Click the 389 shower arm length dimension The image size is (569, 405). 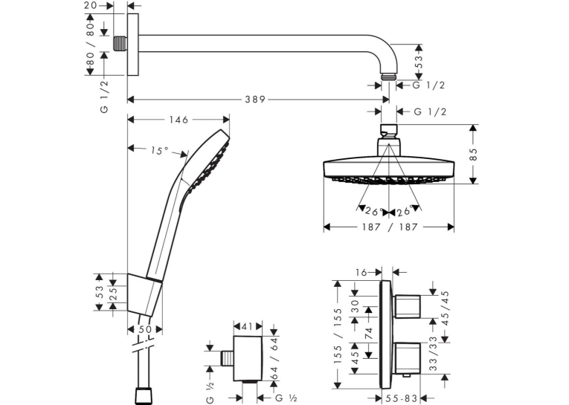pos(255,100)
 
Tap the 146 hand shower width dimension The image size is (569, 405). pos(179,120)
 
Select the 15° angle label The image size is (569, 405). pos(159,150)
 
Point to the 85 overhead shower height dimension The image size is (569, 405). pos(473,154)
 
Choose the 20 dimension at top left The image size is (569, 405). pos(91,5)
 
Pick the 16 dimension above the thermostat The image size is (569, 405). pos(361,272)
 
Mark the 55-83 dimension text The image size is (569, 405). pos(401,398)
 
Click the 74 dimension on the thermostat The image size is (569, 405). pos(369,333)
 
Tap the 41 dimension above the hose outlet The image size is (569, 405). pos(247,326)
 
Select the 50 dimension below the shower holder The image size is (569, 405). pos(145,330)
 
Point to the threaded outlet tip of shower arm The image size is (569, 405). pos(389,77)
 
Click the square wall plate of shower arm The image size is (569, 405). pos(133,45)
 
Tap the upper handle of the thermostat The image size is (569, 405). pos(407,306)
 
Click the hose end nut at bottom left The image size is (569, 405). pos(143,396)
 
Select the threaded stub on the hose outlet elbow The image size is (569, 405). pos(227,358)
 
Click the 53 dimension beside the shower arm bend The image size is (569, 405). pos(419,62)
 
